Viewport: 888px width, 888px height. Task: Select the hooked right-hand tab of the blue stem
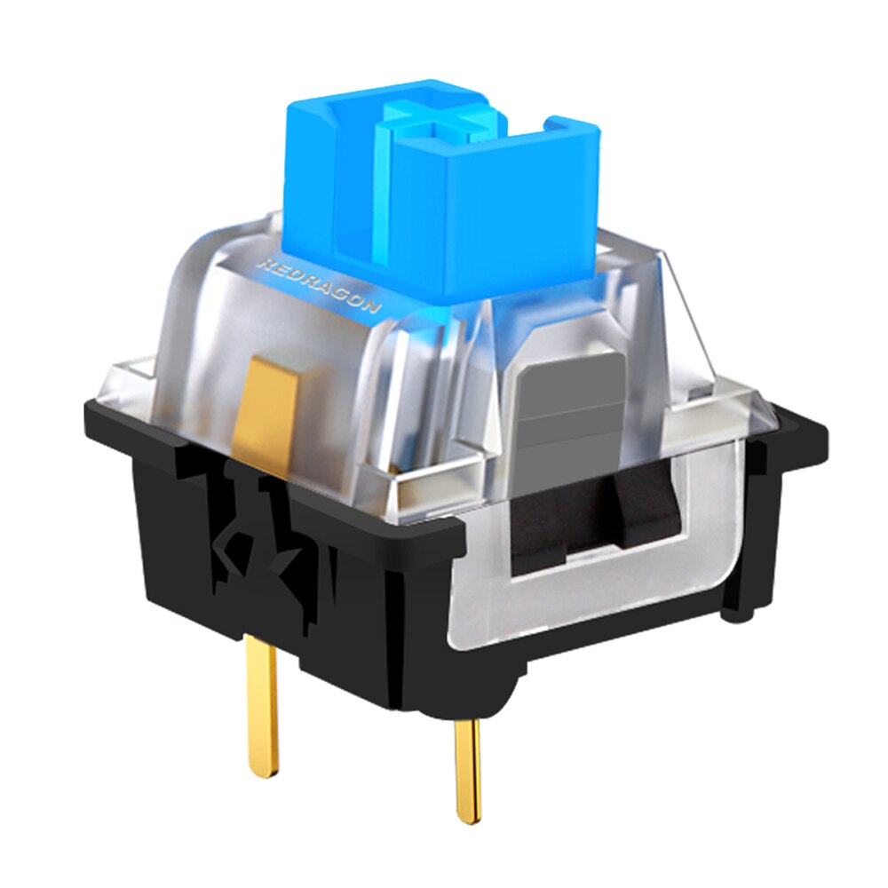tap(574, 129)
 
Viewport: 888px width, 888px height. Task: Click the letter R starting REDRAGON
tap(262, 264)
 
